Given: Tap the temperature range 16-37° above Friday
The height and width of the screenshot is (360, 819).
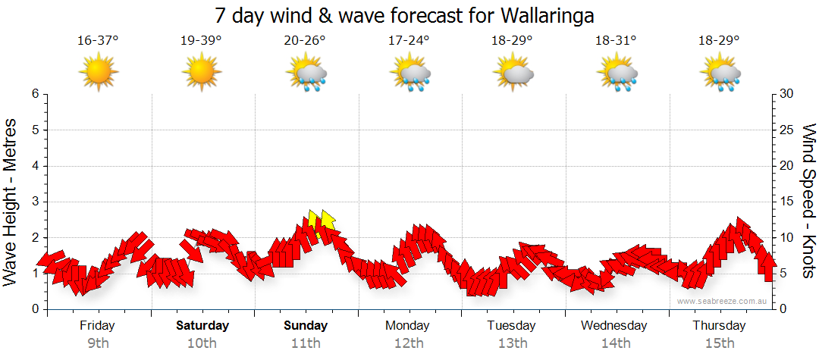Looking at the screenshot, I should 98,40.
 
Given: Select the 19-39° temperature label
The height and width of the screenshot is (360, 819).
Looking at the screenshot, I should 201,40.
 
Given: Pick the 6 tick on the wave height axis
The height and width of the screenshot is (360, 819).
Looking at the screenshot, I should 35,94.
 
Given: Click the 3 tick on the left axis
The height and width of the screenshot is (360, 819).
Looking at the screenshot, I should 35,202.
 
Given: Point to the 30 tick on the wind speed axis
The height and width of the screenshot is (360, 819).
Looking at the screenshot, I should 788,94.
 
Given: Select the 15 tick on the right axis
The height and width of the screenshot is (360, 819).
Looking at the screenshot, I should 788,202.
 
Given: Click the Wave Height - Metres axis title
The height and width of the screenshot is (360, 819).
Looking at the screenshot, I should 12,202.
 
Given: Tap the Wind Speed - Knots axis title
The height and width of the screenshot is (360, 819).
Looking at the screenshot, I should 808,202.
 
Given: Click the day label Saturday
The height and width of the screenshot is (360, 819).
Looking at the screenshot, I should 202,326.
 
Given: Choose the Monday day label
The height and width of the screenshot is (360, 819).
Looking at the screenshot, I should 409,326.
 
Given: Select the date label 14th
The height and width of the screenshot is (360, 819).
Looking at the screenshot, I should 616,343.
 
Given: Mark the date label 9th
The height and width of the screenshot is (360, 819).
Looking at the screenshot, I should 98,343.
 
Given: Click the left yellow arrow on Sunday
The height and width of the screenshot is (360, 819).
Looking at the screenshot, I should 313,219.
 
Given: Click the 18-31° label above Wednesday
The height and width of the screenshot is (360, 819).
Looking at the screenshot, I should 616,40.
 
